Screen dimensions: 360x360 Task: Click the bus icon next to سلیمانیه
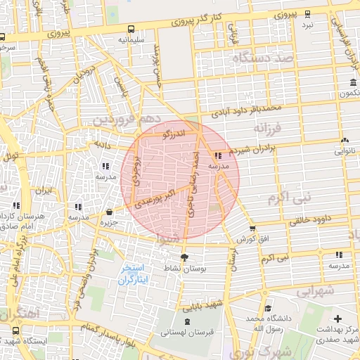[131, 30]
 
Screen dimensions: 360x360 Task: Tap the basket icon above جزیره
[109, 212]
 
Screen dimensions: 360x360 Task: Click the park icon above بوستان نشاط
[185, 257]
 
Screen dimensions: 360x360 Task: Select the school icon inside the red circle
[219, 155]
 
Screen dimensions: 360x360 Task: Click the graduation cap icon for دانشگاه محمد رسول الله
[267, 308]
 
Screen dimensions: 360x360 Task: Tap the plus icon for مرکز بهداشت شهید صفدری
[339, 319]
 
